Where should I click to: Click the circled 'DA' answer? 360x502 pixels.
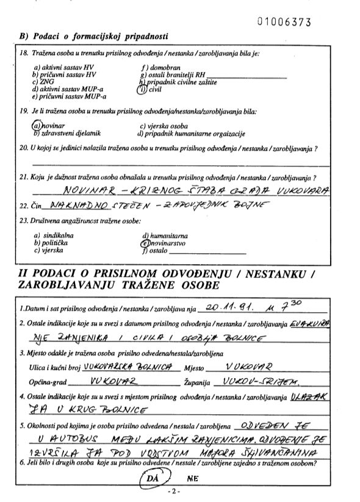[x=154, y=481]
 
